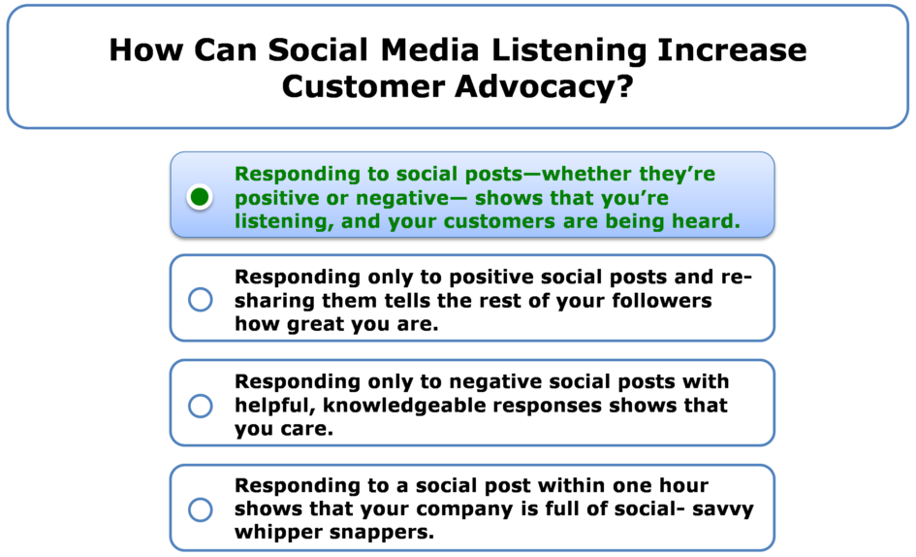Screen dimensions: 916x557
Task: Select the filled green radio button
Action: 200,197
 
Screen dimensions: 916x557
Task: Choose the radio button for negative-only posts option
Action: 201,406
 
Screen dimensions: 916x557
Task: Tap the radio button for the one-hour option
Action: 201,509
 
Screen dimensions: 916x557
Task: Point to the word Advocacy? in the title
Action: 545,86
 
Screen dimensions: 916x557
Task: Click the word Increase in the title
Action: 732,49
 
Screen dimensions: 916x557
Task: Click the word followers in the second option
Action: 662,300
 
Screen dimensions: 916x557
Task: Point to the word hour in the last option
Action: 683,485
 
